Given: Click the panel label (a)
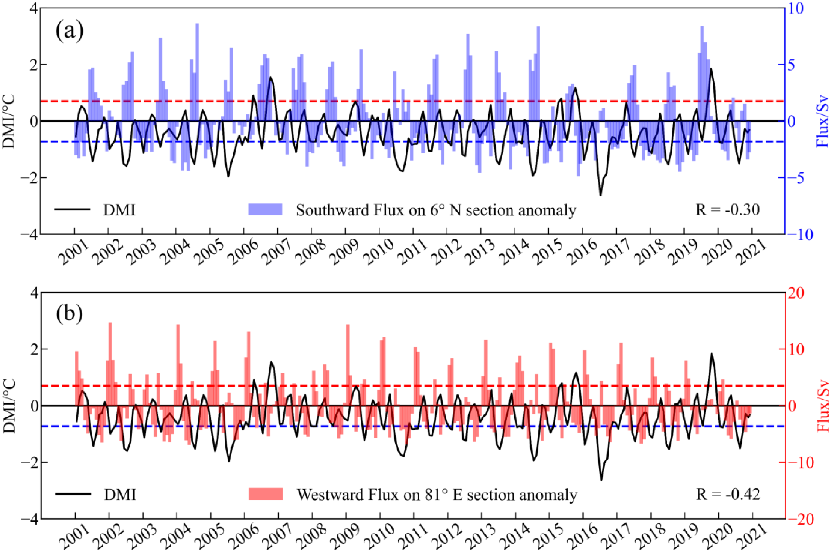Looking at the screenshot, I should (x=70, y=30).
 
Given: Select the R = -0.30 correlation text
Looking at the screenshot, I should (x=727, y=209).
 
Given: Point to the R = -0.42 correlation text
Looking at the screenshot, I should (x=728, y=494).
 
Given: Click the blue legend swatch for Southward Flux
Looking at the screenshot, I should (x=265, y=209).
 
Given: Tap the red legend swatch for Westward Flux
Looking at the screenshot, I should (x=266, y=494).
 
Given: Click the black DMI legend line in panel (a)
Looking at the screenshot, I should (x=73, y=209).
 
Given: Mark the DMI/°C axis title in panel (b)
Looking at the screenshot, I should (x=9, y=406).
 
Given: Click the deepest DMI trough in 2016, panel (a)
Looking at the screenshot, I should (x=600, y=195).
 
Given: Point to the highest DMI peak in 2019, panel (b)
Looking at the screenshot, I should (x=711, y=353).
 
